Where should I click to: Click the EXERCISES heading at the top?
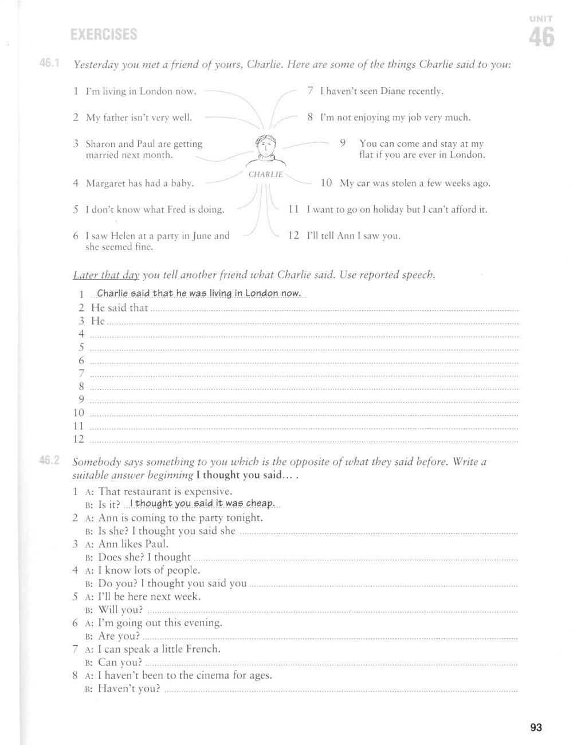coord(103,35)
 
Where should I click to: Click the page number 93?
coord(536,728)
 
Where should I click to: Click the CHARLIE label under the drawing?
coord(265,174)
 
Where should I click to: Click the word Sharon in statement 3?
coord(101,144)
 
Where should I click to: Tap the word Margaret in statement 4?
coord(106,184)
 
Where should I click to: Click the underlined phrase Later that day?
coord(107,275)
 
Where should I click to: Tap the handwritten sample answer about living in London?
coord(199,294)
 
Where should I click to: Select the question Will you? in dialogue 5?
coord(120,610)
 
